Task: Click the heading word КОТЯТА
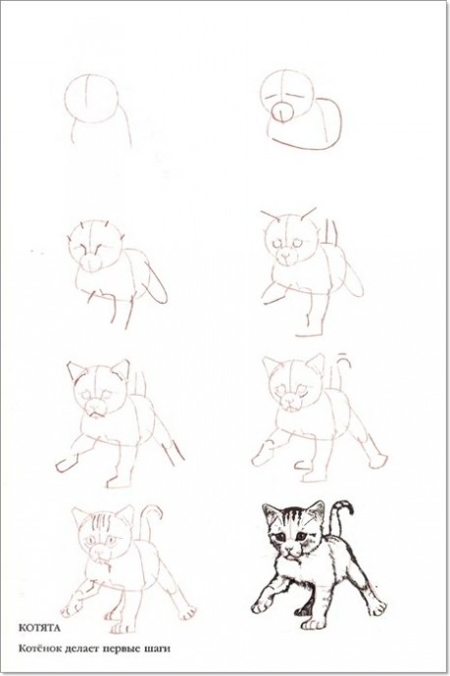coord(39,628)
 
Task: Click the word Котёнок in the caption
coord(39,648)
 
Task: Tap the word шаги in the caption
coord(157,649)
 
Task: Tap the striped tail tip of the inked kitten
coord(345,507)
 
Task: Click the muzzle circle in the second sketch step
coord(282,113)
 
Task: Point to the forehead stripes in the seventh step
coord(102,523)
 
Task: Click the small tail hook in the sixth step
coord(343,357)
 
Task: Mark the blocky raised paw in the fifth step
coord(65,465)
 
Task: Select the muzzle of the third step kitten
coord(90,262)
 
